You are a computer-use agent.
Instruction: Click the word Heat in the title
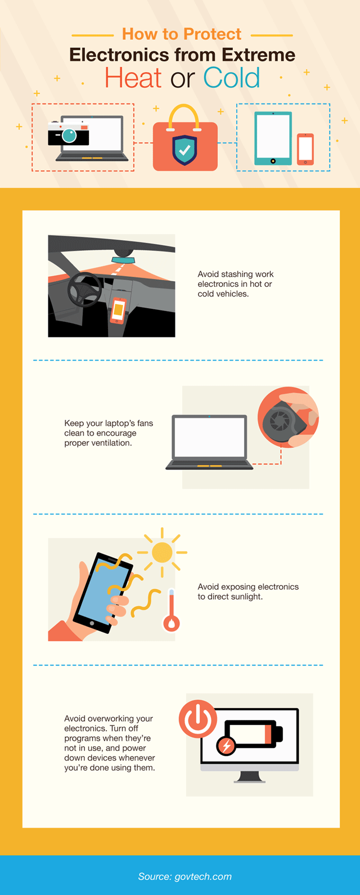click(133, 78)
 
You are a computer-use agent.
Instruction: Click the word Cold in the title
click(232, 78)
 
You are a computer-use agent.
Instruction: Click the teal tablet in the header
click(273, 138)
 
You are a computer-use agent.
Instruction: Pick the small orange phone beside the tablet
click(305, 149)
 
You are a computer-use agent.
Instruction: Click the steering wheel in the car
click(85, 289)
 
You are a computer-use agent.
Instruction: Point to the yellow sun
click(162, 553)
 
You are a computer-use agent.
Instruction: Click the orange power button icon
click(197, 719)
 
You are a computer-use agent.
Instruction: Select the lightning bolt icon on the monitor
click(227, 746)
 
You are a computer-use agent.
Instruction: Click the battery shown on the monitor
click(253, 734)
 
